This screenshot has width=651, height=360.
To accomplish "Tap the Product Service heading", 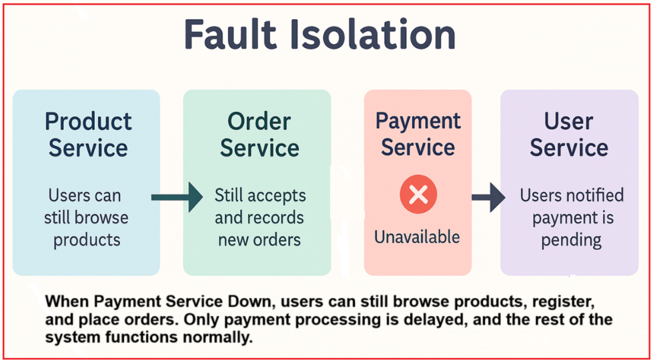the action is [88, 135].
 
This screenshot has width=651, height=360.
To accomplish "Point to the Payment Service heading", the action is [418, 134].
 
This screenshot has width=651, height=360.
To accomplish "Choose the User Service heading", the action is [569, 135].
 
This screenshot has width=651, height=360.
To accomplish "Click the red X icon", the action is [418, 195].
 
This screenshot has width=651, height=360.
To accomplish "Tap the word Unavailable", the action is [418, 237].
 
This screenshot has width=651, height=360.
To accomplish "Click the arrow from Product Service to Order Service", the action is [177, 197].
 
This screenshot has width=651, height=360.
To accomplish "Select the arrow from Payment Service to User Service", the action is [489, 197].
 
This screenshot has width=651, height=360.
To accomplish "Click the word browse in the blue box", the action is [106, 217].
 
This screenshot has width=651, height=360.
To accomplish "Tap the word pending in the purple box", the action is [572, 240].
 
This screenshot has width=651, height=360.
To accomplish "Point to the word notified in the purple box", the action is [596, 195].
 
